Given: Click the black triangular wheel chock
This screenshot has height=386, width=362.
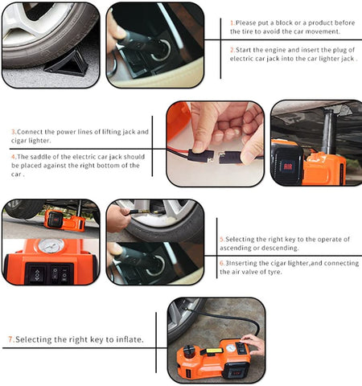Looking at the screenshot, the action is [x=68, y=63].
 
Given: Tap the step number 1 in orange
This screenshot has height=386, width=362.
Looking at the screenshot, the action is [x=232, y=23].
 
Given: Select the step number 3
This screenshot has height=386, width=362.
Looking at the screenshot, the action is [x=13, y=132].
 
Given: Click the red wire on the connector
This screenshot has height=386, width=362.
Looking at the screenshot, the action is [x=178, y=150].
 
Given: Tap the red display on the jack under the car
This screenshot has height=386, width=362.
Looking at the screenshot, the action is [x=288, y=166].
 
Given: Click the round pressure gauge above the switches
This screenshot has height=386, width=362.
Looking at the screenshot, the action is [x=51, y=246].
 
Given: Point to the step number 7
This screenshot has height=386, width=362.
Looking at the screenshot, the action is [x=10, y=339].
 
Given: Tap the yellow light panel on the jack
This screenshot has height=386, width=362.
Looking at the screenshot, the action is [x=215, y=351].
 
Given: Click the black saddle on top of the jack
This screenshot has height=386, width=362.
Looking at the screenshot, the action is [x=189, y=348].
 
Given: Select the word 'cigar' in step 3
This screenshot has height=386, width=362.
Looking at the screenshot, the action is [x=19, y=141].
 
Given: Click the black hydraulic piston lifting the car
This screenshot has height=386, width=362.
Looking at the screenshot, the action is [x=328, y=131].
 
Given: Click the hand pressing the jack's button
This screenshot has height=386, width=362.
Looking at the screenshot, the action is [x=254, y=343].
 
